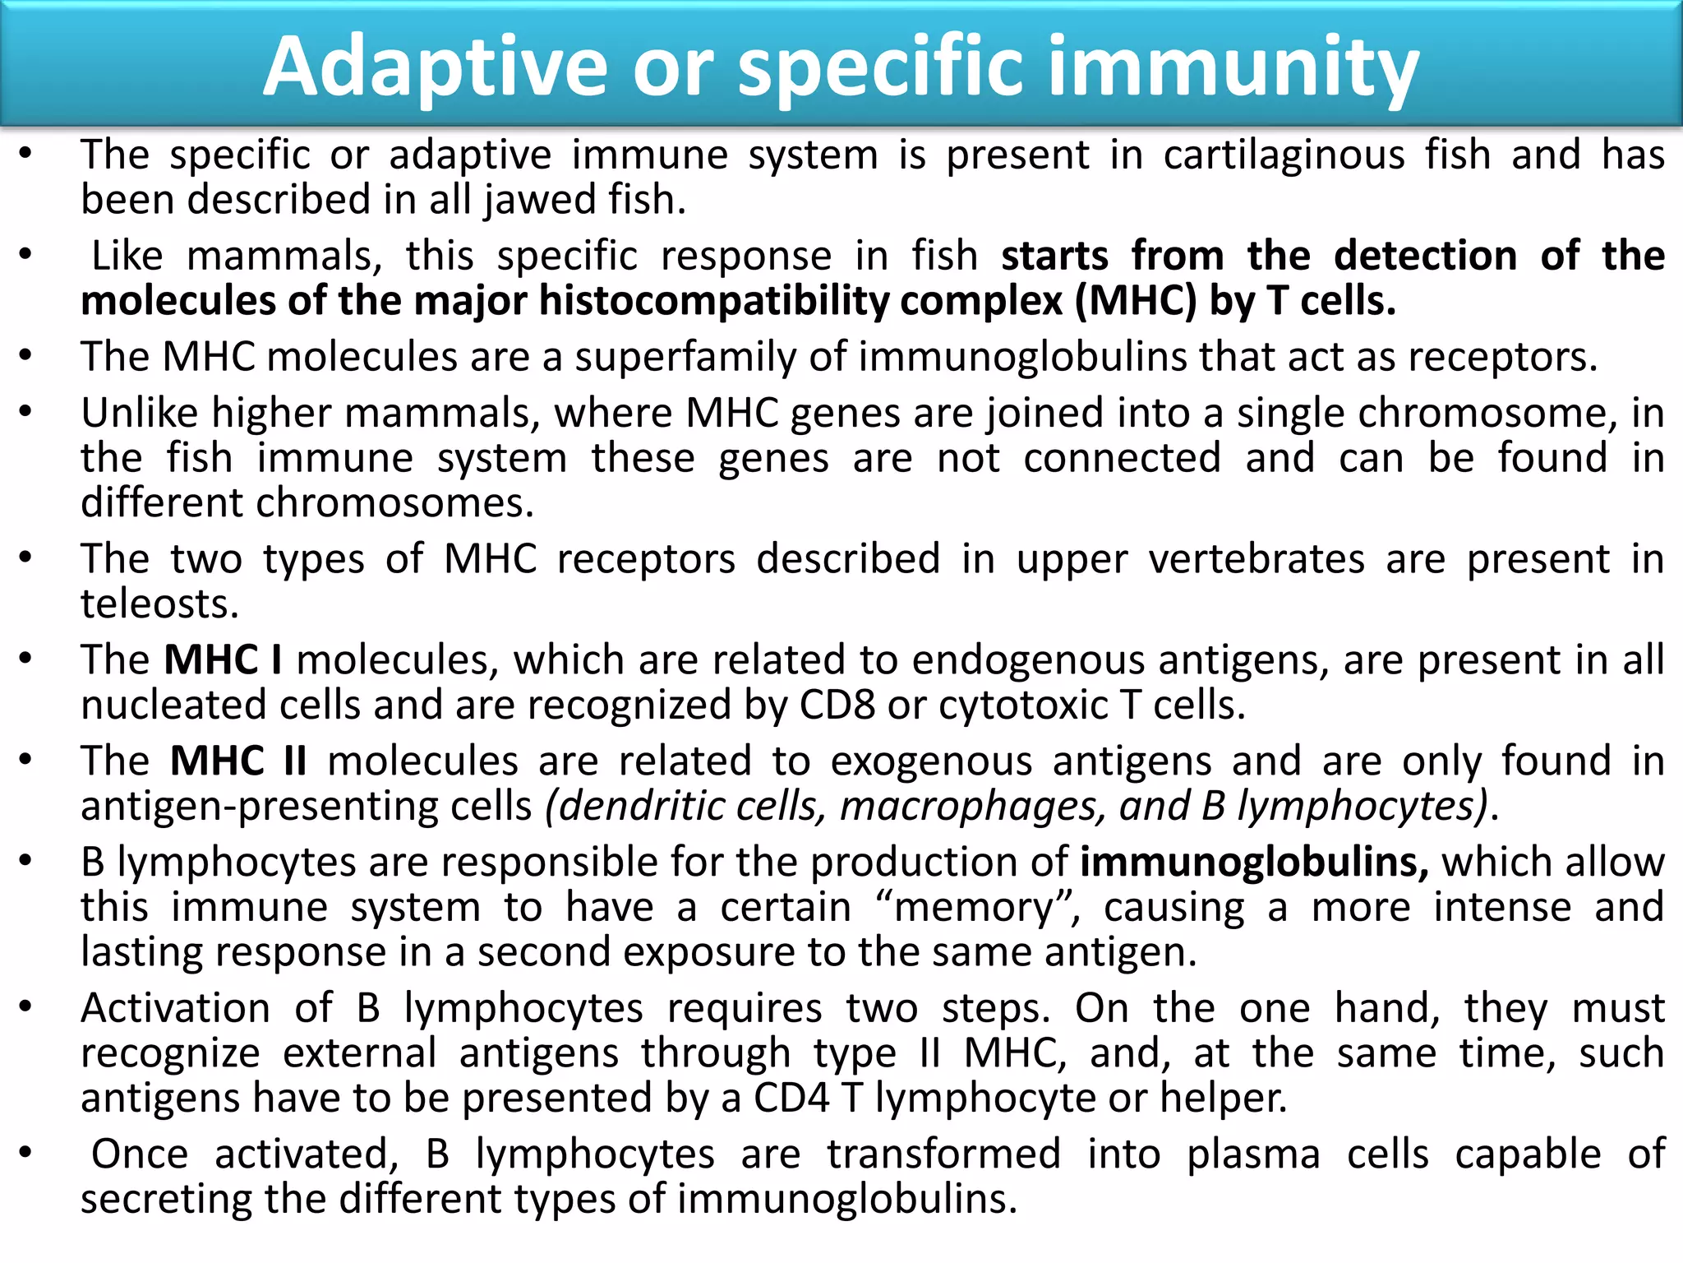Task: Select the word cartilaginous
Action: pos(1284,155)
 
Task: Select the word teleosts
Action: pos(159,604)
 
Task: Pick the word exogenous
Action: pos(931,761)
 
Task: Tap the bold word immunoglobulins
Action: pos(1254,863)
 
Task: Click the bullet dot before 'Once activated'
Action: pos(26,1153)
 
